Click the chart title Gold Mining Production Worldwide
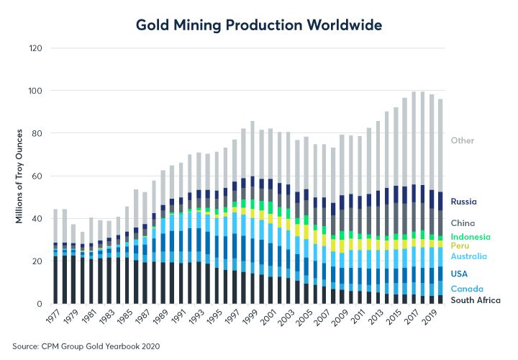pyautogui.click(x=259, y=25)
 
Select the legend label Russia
pyautogui.click(x=465, y=202)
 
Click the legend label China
pyautogui.click(x=463, y=223)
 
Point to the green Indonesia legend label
pyautogui.click(x=471, y=237)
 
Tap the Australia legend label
pyautogui.click(x=468, y=256)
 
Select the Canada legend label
pyautogui.click(x=465, y=289)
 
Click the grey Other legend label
pyautogui.click(x=463, y=140)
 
